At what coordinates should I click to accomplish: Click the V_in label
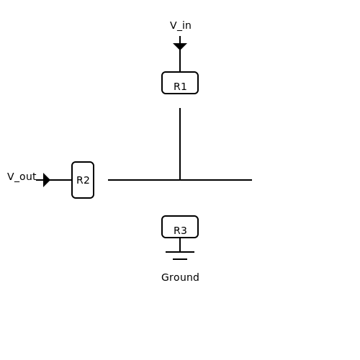pyautogui.click(x=181, y=26)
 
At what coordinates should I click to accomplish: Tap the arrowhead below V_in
pyautogui.click(x=180, y=47)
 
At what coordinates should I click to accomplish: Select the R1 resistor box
pyautogui.click(x=180, y=83)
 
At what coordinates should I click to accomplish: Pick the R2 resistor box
pyautogui.click(x=83, y=180)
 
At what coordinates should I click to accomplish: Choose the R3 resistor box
pyautogui.click(x=180, y=227)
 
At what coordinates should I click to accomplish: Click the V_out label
pyautogui.click(x=22, y=177)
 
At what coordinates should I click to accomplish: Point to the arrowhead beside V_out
pyautogui.click(x=47, y=180)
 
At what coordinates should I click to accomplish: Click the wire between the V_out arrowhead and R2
pyautogui.click(x=61, y=180)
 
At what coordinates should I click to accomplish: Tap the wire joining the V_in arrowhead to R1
pyautogui.click(x=180, y=61)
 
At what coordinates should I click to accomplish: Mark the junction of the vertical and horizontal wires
pyautogui.click(x=180, y=180)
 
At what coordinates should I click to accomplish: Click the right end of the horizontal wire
pyautogui.click(x=252, y=180)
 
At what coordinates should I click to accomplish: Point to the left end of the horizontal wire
pyautogui.click(x=108, y=180)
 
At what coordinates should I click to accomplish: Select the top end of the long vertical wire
pyautogui.click(x=180, y=108)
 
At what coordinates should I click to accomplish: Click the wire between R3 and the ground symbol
pyautogui.click(x=180, y=245)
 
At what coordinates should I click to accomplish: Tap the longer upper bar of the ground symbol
pyautogui.click(x=180, y=252)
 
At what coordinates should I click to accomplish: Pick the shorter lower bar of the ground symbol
pyautogui.click(x=180, y=259)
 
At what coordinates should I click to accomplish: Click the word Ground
pyautogui.click(x=180, y=277)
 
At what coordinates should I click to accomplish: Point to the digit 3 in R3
pyautogui.click(x=184, y=230)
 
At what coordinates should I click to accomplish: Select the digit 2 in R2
pyautogui.click(x=86, y=180)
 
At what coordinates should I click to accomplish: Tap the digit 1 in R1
pyautogui.click(x=184, y=86)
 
